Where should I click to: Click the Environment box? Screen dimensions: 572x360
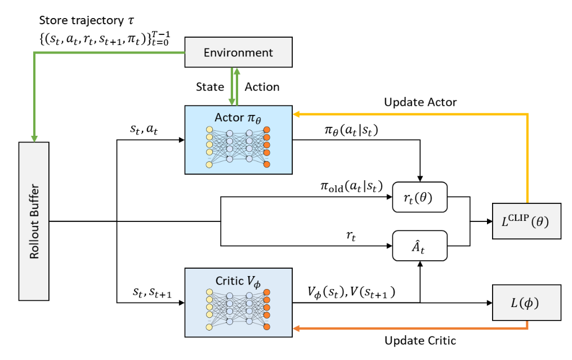238,52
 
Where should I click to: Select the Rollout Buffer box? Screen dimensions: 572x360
34,221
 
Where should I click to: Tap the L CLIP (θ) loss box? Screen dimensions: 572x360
526,221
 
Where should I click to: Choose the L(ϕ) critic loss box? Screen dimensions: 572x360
526,303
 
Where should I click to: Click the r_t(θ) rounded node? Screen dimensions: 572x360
419,197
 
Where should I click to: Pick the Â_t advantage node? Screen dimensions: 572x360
419,246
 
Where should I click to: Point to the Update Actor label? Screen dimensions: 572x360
420,102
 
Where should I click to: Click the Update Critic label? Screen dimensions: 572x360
420,341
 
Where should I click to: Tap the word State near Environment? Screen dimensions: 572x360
210,87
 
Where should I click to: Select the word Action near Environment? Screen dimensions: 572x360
262,87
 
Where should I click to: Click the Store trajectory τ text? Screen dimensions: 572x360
87,20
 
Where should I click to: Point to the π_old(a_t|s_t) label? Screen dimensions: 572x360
351,186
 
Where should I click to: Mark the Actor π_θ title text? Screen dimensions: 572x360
238,118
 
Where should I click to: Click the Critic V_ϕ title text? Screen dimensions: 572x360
238,281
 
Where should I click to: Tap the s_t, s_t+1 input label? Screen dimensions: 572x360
152,292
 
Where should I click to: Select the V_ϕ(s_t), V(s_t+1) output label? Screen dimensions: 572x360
351,292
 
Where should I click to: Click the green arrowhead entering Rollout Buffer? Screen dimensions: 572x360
34,139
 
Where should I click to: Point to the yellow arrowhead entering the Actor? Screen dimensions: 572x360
296,114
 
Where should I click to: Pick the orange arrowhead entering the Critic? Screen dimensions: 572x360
296,328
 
